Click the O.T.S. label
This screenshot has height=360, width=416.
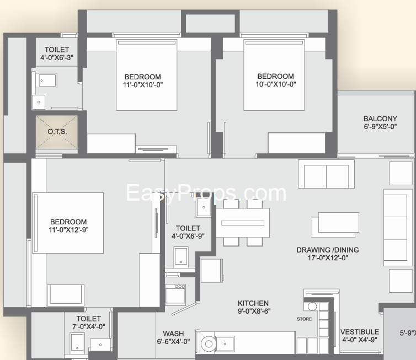point(57,132)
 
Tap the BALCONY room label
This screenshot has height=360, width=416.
point(380,119)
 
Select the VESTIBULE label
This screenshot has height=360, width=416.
point(360,332)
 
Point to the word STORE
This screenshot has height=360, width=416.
point(305,319)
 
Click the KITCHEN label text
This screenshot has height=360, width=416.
point(253,303)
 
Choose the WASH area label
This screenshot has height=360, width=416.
point(173,334)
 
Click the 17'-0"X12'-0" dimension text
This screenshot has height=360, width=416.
point(328,257)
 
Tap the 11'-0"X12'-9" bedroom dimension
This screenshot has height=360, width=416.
point(68,229)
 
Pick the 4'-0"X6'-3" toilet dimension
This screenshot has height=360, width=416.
point(57,57)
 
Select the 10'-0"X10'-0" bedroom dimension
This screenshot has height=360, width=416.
point(276,84)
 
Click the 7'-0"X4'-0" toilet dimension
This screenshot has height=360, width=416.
point(89,326)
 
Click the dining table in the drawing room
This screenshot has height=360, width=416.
point(243,223)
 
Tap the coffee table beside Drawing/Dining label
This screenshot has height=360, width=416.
point(335,224)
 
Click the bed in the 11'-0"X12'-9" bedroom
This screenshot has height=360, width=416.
point(68,223)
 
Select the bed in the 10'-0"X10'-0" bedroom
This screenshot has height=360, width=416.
point(274,75)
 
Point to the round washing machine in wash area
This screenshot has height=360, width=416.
point(209,344)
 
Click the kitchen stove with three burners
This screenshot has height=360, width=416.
point(175,295)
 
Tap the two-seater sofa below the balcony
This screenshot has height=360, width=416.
point(326,174)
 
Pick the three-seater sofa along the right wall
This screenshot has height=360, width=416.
point(396,228)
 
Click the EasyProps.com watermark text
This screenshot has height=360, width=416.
point(206,193)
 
